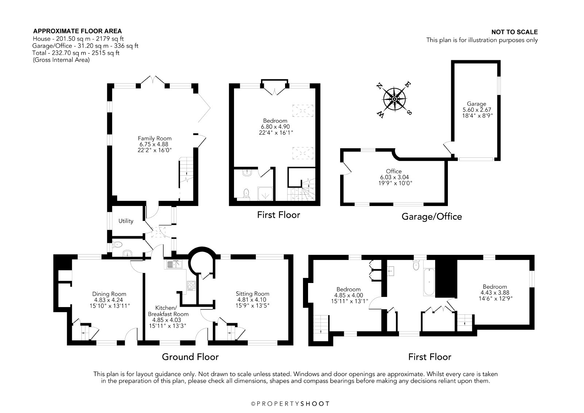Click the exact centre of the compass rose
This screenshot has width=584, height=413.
click(x=395, y=99)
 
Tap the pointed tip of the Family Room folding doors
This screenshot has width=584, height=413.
click(x=210, y=107)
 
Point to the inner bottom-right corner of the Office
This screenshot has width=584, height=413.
click(x=445, y=202)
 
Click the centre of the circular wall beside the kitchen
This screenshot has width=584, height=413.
click(x=202, y=260)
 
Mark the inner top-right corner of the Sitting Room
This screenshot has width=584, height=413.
click(x=289, y=259)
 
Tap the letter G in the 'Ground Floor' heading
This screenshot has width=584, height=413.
click(x=166, y=357)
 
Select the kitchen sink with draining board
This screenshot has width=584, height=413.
click(x=173, y=264)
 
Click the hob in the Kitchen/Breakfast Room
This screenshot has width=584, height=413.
click(x=191, y=286)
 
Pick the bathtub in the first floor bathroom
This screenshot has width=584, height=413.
click(x=429, y=282)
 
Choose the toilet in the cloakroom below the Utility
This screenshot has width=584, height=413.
click(x=117, y=245)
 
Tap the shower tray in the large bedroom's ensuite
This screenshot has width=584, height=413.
click(x=265, y=194)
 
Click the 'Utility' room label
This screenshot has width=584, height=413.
click(x=126, y=221)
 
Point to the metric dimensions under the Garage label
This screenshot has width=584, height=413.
click(x=477, y=110)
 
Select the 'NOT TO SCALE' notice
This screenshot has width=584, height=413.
click(x=514, y=32)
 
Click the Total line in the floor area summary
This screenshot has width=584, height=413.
click(x=76, y=53)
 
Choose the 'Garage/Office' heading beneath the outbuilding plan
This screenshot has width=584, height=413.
click(x=432, y=217)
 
